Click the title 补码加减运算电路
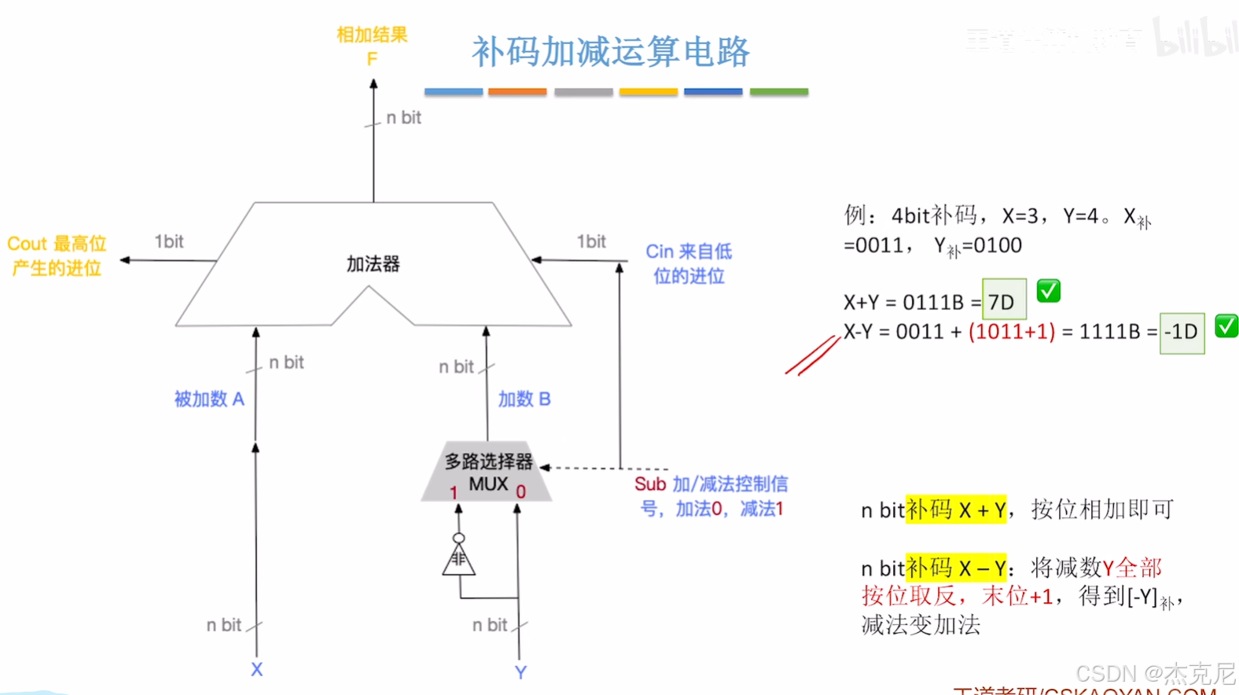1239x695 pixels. coord(610,52)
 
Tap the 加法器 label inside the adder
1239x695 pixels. coord(373,264)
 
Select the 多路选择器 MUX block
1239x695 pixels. coord(487,473)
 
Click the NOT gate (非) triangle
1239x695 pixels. coord(458,559)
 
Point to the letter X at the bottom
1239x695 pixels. coord(256,670)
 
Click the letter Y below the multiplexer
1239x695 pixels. coord(520,672)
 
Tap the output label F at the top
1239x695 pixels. coord(372,59)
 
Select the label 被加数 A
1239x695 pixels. coord(209,399)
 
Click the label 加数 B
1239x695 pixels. coord(524,399)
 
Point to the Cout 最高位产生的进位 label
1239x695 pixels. coord(57,256)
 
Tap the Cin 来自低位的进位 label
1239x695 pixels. coord(689,263)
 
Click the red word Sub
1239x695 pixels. coord(650,484)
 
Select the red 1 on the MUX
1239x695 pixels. coord(454,493)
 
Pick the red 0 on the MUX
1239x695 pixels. coord(520,492)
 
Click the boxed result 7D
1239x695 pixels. coord(1003,301)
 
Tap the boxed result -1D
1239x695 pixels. coord(1181,332)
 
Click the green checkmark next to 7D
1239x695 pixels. coord(1048,291)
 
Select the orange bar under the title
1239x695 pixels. coord(517,92)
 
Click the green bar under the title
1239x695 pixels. coord(778,92)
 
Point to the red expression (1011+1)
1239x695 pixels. coord(1012,332)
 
